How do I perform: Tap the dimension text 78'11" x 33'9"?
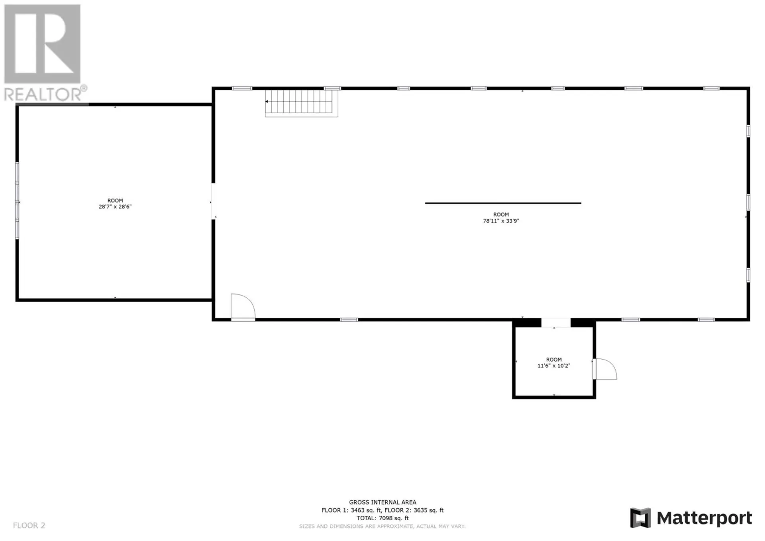click(x=501, y=221)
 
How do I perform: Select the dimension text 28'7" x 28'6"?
click(x=115, y=207)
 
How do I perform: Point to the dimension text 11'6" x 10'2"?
click(x=553, y=366)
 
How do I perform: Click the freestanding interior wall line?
click(x=503, y=203)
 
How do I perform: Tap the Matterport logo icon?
click(x=640, y=518)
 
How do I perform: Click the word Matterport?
click(x=704, y=518)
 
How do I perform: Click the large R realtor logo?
click(x=42, y=44)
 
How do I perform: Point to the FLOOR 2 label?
click(x=29, y=525)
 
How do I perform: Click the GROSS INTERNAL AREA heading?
click(x=382, y=502)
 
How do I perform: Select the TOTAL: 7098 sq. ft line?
click(x=382, y=518)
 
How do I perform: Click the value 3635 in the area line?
click(x=422, y=510)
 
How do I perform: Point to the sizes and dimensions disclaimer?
click(x=382, y=526)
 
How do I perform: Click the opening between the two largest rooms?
click(x=213, y=201)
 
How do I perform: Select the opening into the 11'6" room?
click(x=556, y=323)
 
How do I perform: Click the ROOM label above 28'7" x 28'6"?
click(x=115, y=201)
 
